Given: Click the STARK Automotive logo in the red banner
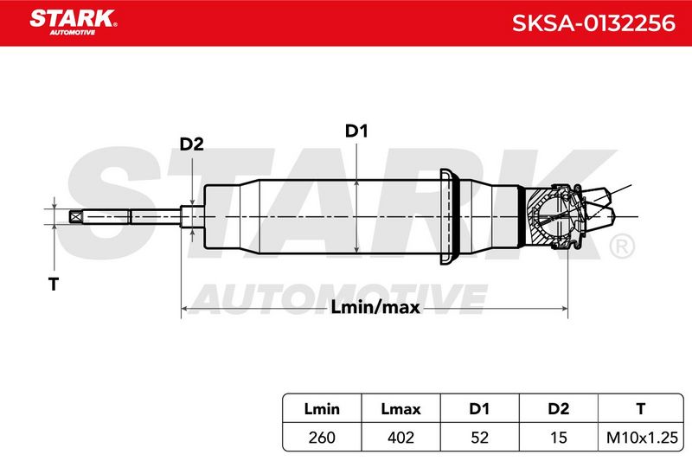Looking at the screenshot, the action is click(74, 22).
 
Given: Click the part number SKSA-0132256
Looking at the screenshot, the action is click(593, 23).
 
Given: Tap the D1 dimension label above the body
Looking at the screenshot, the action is click(356, 131).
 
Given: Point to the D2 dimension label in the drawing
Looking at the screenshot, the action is click(191, 144).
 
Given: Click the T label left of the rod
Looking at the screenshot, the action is click(54, 284).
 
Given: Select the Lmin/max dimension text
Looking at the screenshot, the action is click(375, 307).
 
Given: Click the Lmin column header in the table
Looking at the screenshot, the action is click(322, 409).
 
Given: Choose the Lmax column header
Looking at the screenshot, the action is click(400, 409).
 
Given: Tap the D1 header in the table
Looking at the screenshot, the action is click(479, 409).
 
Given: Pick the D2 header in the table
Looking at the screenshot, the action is click(558, 409).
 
